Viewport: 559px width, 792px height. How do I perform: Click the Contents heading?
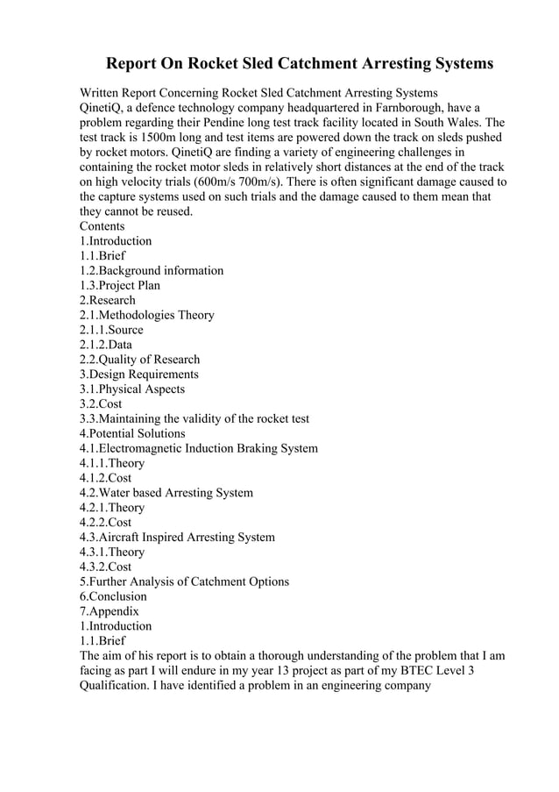pos(103,226)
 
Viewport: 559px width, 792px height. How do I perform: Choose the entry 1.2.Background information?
pos(152,270)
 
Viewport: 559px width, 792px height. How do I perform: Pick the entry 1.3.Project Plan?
pos(120,285)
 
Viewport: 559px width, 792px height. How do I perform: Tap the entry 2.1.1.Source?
pos(111,330)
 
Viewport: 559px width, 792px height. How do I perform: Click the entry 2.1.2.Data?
pos(106,345)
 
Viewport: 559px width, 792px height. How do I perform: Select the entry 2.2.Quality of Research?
pos(139,359)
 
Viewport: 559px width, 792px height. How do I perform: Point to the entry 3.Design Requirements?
pos(138,374)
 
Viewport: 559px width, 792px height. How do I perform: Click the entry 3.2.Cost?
pos(101,403)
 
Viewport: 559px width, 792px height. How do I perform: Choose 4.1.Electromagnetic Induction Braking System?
pos(199,448)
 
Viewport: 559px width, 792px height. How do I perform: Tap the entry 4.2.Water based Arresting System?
pos(166,492)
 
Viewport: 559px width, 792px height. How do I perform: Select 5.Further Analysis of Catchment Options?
pos(184,582)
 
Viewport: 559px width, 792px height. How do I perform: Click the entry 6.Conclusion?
pos(113,596)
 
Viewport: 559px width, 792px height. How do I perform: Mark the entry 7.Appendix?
pos(110,611)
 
